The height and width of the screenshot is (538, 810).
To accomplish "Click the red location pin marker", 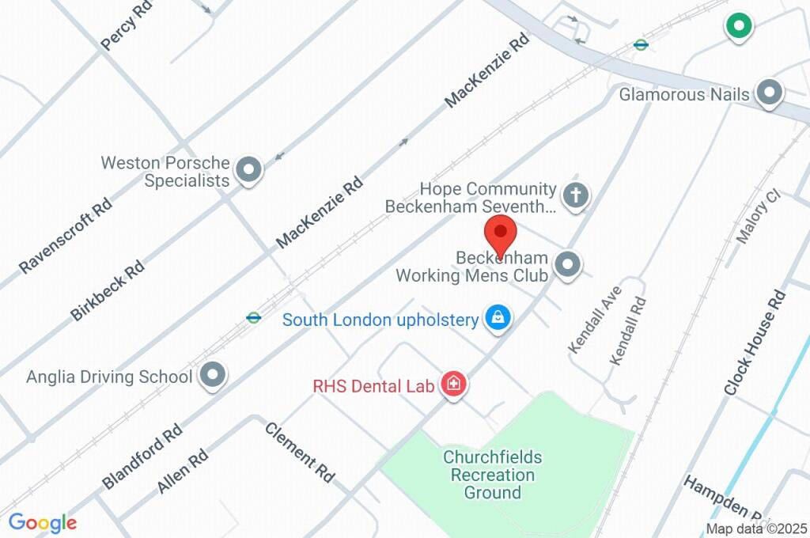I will tap(500, 235).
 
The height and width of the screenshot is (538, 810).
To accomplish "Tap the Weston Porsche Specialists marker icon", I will tap(250, 170).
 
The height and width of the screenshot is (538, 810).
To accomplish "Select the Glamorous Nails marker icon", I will tap(768, 93).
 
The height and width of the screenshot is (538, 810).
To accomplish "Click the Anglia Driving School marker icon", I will tap(212, 376).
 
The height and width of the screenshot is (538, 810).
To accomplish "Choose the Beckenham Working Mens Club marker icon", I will tap(567, 265).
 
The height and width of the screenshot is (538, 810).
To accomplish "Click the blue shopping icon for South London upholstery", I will tap(497, 318).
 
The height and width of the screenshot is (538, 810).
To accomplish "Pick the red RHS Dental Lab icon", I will tap(454, 385).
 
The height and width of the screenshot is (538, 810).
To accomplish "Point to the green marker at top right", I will tap(738, 26).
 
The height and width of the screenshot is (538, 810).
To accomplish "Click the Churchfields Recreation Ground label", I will tap(492, 475).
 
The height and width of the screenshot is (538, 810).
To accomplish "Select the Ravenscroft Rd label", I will tap(66, 236).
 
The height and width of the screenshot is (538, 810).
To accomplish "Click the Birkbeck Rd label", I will tap(107, 290).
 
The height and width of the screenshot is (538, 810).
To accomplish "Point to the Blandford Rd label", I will tap(142, 457).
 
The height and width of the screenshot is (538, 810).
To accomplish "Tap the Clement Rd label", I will tap(300, 453).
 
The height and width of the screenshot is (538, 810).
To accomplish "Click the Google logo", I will tap(43, 523).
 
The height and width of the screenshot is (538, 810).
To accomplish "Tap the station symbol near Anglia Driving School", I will tap(253, 318).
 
